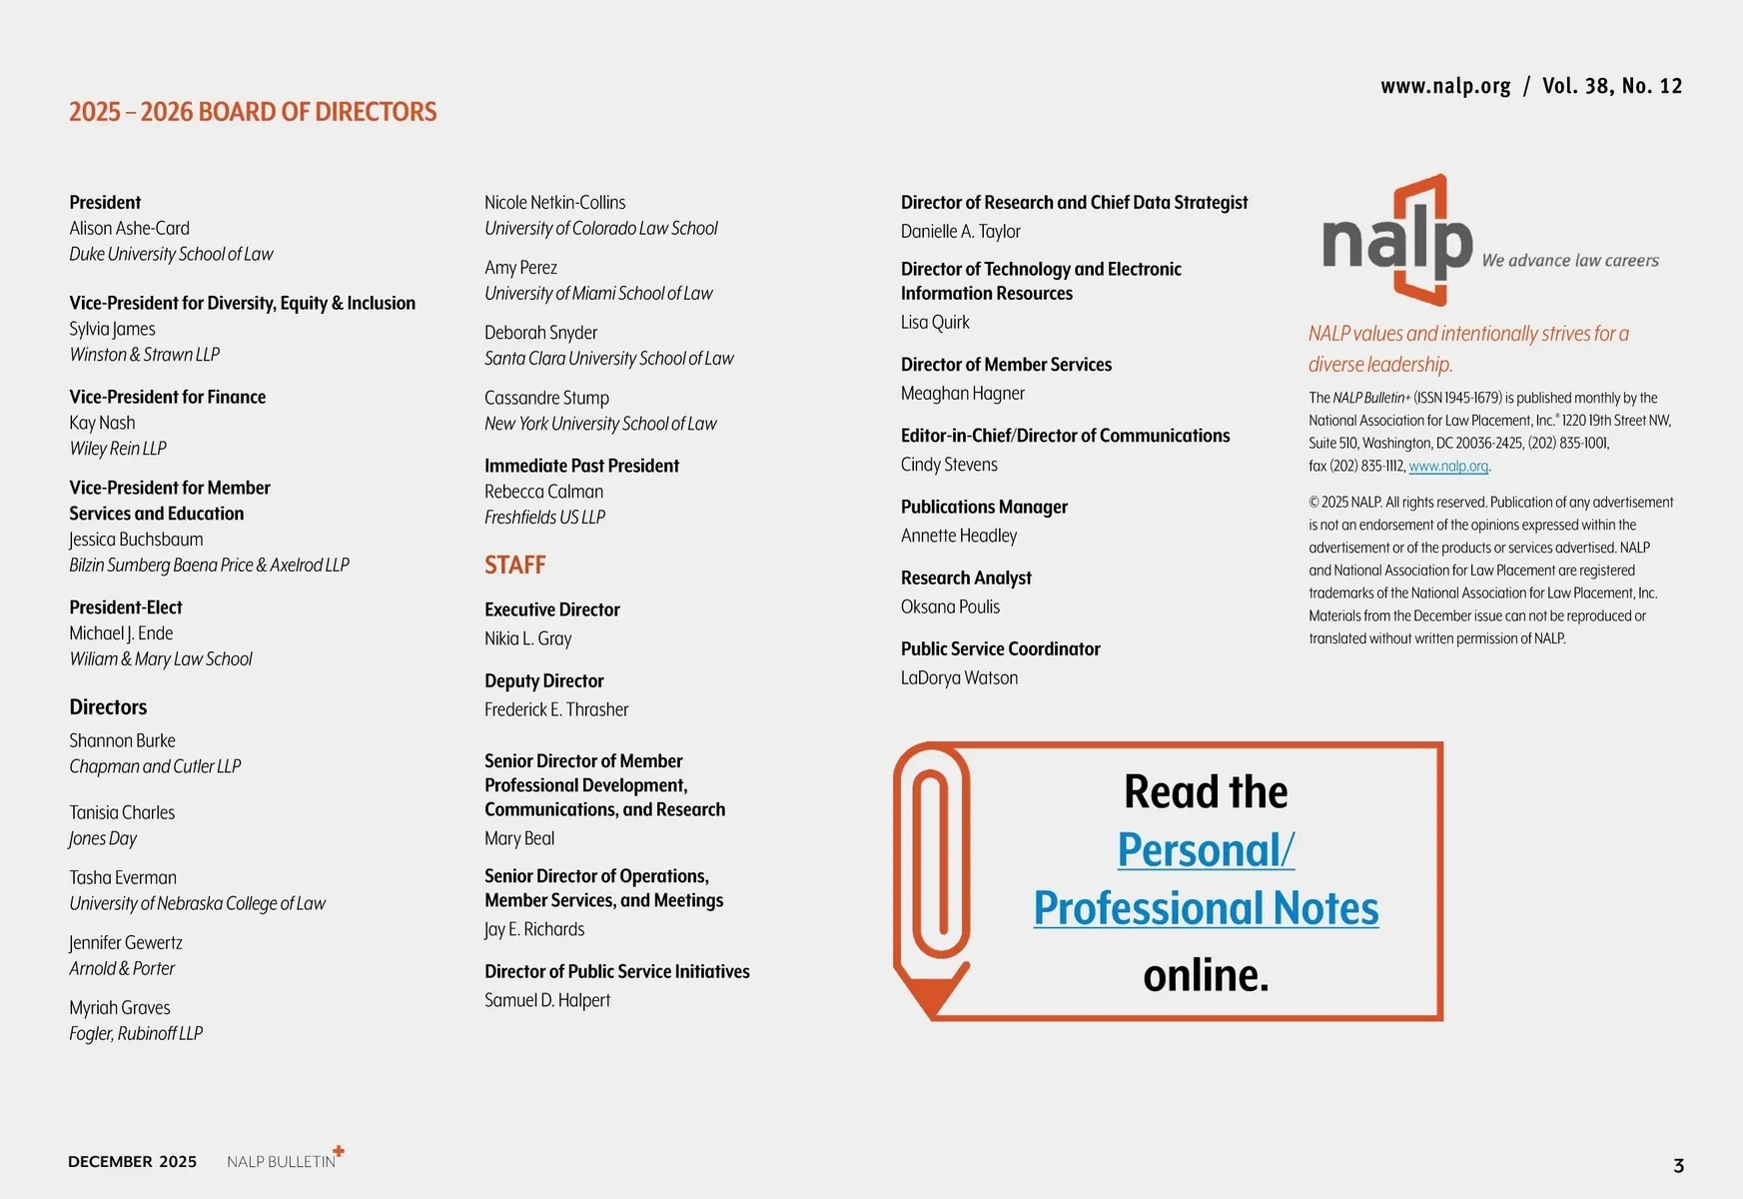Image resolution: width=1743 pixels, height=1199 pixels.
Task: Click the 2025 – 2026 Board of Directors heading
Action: pos(253,112)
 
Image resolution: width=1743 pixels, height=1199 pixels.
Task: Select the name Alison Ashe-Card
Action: pos(129,229)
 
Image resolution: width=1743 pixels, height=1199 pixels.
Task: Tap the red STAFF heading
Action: pos(514,566)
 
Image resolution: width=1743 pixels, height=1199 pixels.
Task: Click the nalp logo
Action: pos(1397,241)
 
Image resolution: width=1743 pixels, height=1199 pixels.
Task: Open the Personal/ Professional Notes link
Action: pos(1206,879)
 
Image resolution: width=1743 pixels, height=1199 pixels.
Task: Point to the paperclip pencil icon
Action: pos(931,879)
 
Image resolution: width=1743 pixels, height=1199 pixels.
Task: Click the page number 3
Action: pos(1678,1165)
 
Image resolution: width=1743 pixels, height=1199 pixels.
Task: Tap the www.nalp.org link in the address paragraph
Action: pos(1448,467)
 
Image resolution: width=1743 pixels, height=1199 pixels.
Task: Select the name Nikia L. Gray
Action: pos(527,638)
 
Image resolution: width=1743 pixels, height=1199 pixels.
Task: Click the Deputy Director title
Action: pos(543,681)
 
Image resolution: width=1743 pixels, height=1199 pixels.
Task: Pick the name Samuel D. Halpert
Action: pos(546,1000)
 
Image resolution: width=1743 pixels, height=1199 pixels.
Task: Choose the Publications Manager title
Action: pos(984,507)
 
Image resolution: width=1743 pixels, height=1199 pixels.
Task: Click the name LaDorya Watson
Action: pos(959,677)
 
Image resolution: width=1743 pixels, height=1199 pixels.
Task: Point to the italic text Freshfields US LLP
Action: pos(544,518)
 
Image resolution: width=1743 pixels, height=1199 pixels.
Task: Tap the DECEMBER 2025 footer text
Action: pos(132,1162)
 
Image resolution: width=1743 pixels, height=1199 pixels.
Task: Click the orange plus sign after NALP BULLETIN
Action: pos(339,1151)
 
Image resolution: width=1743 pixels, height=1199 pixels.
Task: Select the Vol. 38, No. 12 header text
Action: pos(1611,86)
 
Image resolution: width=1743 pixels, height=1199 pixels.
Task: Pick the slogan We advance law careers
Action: pos(1569,261)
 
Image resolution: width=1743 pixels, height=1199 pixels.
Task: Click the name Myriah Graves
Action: pos(119,1008)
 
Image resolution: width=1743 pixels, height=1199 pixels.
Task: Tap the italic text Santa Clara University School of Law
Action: pos(608,359)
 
